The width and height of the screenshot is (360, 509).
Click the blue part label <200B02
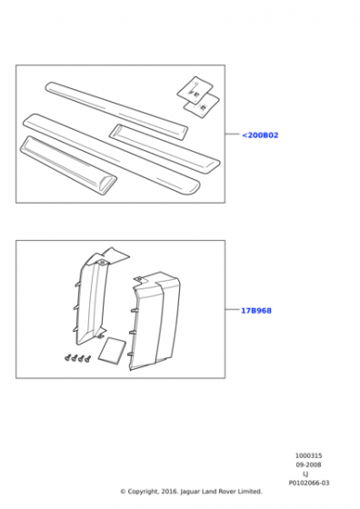[260, 135]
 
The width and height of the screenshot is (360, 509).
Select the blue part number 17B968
[255, 311]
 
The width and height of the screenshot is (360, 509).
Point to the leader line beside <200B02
[233, 134]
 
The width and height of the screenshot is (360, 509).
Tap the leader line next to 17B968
[232, 309]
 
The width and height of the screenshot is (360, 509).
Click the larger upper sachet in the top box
[195, 90]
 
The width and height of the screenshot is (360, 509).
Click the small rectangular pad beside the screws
[112, 350]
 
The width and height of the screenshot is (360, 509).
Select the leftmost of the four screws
[68, 358]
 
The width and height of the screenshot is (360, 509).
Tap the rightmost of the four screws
[87, 358]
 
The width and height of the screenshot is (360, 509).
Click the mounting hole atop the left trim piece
[102, 262]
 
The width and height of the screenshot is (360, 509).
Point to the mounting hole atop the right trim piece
[139, 278]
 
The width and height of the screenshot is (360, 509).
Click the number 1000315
[308, 455]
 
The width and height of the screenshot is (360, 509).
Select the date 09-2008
[308, 464]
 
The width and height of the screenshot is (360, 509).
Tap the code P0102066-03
[309, 483]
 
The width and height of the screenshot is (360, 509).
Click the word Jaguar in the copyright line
[190, 492]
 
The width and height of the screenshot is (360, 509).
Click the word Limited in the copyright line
[250, 492]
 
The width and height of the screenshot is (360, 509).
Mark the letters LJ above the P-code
[305, 474]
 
